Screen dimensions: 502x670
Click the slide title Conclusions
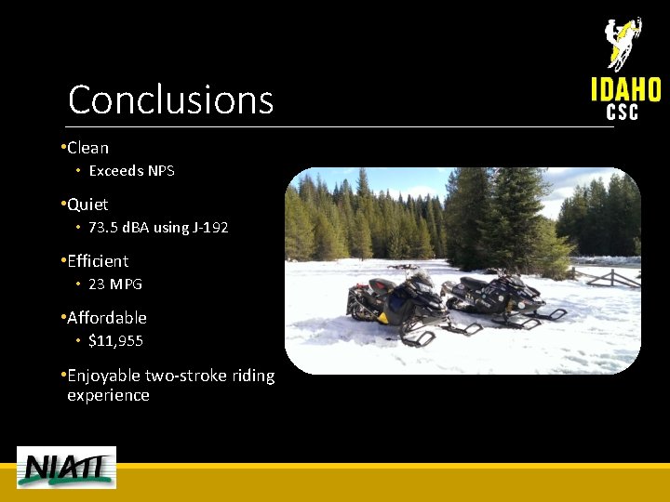[x=170, y=99]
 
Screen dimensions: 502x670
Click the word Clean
[x=87, y=148]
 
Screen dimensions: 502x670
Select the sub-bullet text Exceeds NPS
[x=131, y=171]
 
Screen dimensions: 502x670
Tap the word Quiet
[x=87, y=205]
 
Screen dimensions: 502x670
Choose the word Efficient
[x=98, y=261]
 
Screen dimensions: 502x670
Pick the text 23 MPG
[x=115, y=284]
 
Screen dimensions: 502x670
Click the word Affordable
[x=107, y=318]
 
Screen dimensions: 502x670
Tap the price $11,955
[x=115, y=341]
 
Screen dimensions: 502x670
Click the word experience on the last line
[x=108, y=395]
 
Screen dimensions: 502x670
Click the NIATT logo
[x=66, y=468]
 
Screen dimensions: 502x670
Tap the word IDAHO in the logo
[x=625, y=89]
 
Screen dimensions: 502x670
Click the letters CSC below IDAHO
[x=623, y=112]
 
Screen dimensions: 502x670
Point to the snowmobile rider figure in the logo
[x=623, y=42]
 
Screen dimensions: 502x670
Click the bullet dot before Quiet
[x=61, y=205]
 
